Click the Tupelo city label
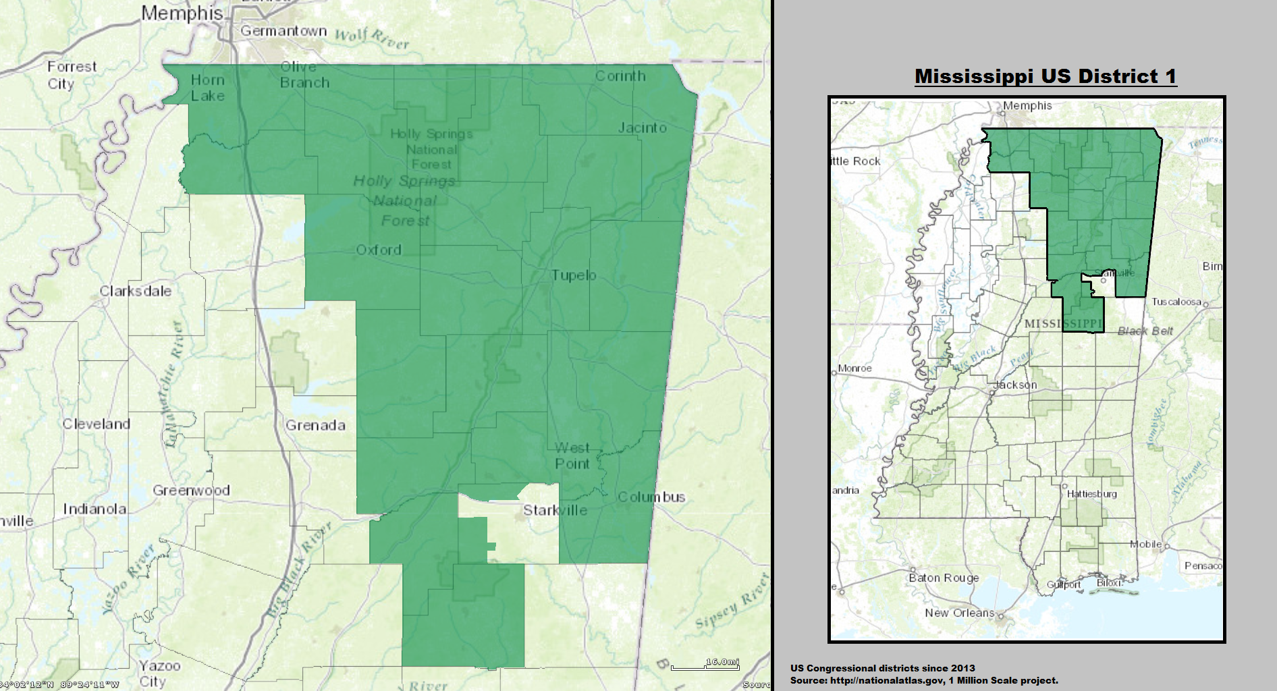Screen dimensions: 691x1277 pyautogui.click(x=574, y=275)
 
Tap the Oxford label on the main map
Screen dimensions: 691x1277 pyautogui.click(x=379, y=250)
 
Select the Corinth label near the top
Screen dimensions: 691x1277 pyautogui.click(x=620, y=76)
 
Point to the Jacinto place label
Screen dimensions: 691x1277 pyautogui.click(x=643, y=128)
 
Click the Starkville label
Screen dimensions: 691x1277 pyautogui.click(x=555, y=510)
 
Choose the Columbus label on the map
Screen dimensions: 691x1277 pyautogui.click(x=651, y=497)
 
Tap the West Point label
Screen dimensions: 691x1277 pyautogui.click(x=572, y=456)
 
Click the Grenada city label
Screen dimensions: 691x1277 pyautogui.click(x=315, y=425)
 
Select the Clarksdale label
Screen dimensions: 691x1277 pyautogui.click(x=136, y=291)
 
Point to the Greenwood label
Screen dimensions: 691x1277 pyautogui.click(x=191, y=491)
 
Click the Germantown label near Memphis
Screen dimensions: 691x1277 pyautogui.click(x=283, y=31)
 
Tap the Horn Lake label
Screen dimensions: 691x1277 pyautogui.click(x=207, y=88)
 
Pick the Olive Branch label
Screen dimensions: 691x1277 pyautogui.click(x=304, y=75)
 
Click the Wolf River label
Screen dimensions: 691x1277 pyautogui.click(x=372, y=39)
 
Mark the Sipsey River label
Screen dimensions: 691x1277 pyautogui.click(x=732, y=601)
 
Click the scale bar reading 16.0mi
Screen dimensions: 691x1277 pyautogui.click(x=705, y=664)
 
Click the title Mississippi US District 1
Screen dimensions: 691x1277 pyautogui.click(x=1045, y=76)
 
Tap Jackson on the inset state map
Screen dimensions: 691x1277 pyautogui.click(x=1015, y=385)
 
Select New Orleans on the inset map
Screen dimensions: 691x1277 pyautogui.click(x=959, y=613)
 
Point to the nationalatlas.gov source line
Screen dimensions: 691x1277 pyautogui.click(x=924, y=680)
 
